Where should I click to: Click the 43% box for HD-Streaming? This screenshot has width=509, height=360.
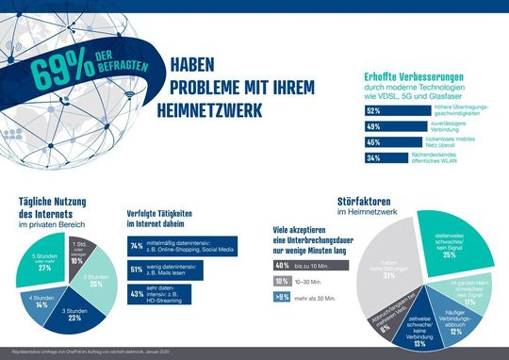tap(137, 295)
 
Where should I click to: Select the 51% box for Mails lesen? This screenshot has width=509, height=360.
tap(137, 270)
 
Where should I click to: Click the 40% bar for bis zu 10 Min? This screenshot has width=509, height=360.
tap(281, 267)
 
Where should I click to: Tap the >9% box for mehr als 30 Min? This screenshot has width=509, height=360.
tap(281, 297)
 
